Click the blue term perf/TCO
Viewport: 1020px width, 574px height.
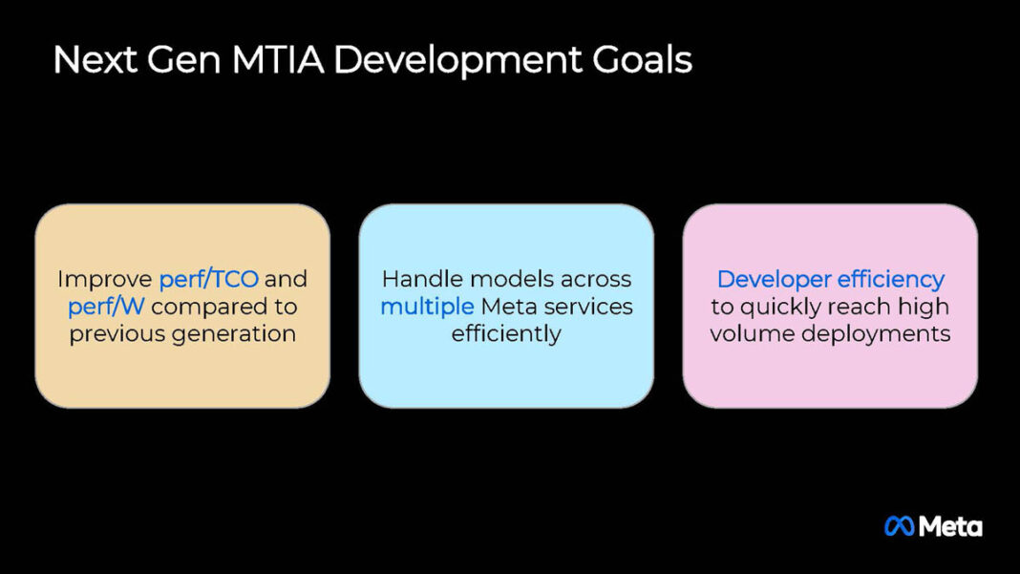pyautogui.click(x=208, y=279)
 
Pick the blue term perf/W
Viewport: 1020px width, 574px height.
pyautogui.click(x=107, y=307)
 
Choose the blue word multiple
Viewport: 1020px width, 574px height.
pyautogui.click(x=427, y=307)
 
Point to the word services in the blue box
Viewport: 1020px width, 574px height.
pyautogui.click(x=584, y=307)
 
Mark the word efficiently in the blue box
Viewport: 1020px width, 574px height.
pyautogui.click(x=506, y=334)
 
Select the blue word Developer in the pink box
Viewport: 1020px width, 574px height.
pyautogui.click(x=773, y=279)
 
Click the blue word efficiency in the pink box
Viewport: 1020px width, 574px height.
pyautogui.click(x=891, y=279)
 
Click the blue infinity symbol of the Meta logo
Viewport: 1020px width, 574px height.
pyautogui.click(x=900, y=526)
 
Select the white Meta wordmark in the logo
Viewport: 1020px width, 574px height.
pyautogui.click(x=951, y=526)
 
